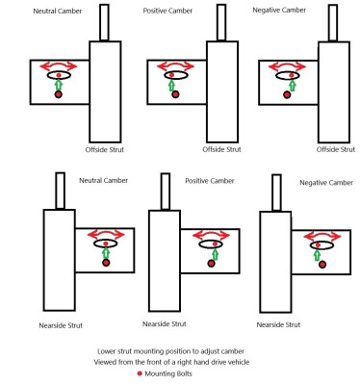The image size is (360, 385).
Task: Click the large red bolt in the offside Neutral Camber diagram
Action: pos(58,94)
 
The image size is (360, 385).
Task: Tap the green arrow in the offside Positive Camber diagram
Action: pos(171,86)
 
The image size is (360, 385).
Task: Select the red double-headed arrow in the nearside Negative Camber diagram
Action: pos(322,238)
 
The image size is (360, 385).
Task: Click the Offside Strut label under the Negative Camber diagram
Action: pos(336,149)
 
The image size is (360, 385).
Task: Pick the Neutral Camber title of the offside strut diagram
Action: pos(58,11)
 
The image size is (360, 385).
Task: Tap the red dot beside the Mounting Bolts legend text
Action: pos(140,373)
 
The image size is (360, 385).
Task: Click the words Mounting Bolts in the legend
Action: pos(168,373)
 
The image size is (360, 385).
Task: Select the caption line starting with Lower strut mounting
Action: pos(171,351)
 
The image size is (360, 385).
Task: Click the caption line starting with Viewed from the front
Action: pos(171,362)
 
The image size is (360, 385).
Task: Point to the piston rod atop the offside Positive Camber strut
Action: pos(221,22)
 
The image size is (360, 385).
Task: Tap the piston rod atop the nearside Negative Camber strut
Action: pos(276,192)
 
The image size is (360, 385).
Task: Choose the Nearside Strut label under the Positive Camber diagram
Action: pos(165,324)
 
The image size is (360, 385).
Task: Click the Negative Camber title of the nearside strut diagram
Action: pos(326,183)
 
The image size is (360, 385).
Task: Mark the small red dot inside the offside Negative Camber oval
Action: pos(292,75)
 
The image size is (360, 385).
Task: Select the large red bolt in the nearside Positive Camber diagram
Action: pos(211,264)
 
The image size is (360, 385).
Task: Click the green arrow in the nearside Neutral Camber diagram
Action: pos(106,253)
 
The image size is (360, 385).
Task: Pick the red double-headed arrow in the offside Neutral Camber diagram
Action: pos(59,66)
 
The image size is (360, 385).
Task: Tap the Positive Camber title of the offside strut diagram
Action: pos(167,11)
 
